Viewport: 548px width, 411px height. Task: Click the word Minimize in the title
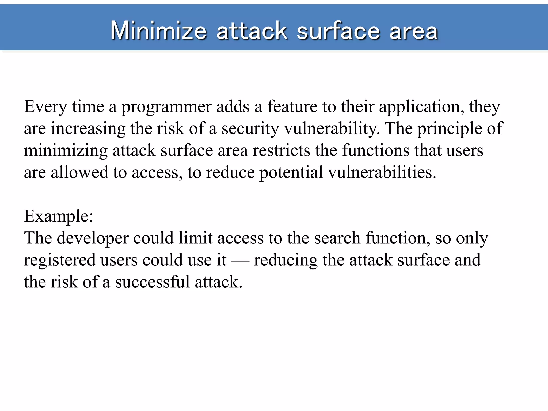pyautogui.click(x=158, y=31)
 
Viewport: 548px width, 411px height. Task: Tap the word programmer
pyautogui.click(x=166, y=107)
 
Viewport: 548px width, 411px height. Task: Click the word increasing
pyautogui.click(x=88, y=129)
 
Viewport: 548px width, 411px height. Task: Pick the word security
pyautogui.click(x=250, y=129)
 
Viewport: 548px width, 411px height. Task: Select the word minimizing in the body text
pyautogui.click(x=66, y=151)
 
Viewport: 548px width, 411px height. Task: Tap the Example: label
pyautogui.click(x=59, y=216)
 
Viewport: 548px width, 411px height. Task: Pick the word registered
pyautogui.click(x=60, y=260)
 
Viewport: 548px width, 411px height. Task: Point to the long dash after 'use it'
pyautogui.click(x=240, y=260)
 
